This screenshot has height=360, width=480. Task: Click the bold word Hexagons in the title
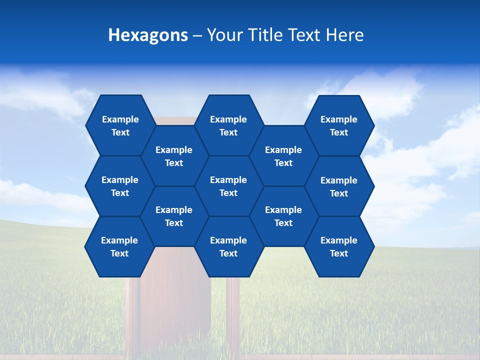148,35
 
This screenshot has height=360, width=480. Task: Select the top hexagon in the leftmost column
120,125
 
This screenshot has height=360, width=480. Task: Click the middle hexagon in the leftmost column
120,186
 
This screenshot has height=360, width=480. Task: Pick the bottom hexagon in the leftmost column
119,246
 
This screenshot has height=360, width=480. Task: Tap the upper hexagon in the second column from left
174,156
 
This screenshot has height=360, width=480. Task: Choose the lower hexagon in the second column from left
174,216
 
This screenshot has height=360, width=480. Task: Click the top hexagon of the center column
228,125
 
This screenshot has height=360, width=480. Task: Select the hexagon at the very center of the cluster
228,186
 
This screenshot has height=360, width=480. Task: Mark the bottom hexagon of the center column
228,246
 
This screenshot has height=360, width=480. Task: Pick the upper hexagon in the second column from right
283,156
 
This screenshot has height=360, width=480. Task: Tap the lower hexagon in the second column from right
283,216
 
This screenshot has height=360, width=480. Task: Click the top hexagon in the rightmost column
339,125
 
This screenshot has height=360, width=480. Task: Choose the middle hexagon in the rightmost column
339,186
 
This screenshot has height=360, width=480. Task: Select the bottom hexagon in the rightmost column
339,246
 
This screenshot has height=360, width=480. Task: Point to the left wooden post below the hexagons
132,315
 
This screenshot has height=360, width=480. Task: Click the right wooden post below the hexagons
233,315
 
